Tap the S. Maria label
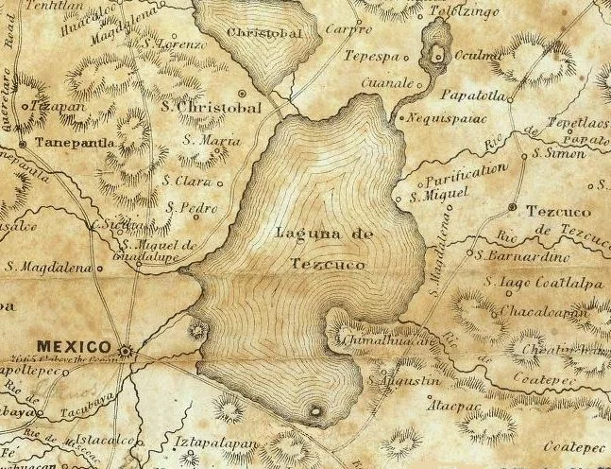click(207, 141)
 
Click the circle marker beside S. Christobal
click(243, 94)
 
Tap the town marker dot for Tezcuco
click(512, 206)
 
